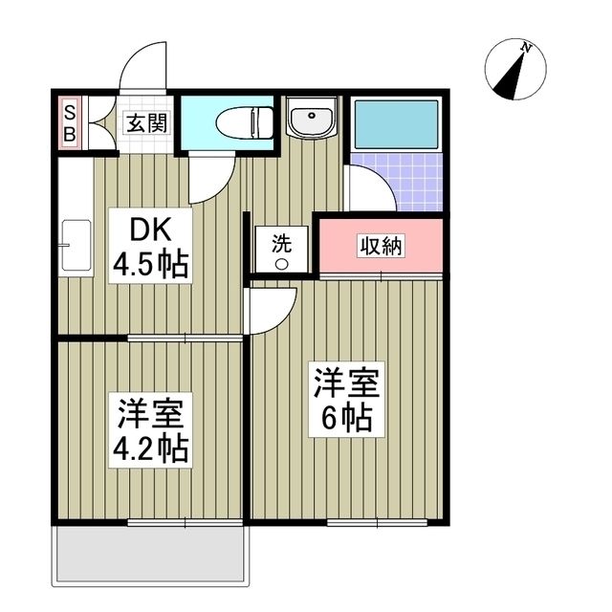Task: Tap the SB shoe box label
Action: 70,123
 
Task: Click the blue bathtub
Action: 396,121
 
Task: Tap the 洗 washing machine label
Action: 281,243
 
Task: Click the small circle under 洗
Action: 281,264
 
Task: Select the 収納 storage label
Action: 381,245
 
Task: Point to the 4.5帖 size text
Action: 150,262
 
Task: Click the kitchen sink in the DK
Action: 75,246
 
